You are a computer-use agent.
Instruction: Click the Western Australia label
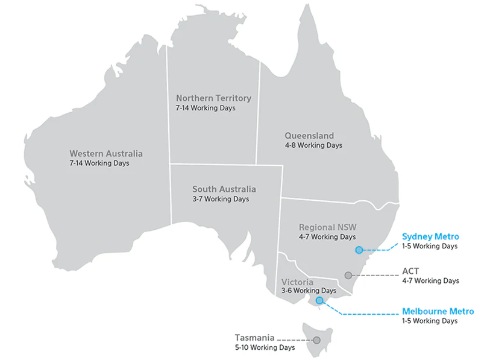pyautogui.click(x=106, y=154)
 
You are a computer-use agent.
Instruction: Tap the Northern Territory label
pyautogui.click(x=213, y=98)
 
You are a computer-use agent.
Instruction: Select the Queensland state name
pyautogui.click(x=309, y=136)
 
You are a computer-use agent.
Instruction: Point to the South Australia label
pyautogui.click(x=224, y=189)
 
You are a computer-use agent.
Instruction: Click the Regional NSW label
pyautogui.click(x=327, y=227)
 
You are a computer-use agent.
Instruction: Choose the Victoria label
pyautogui.click(x=297, y=282)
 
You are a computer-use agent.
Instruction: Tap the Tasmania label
pyautogui.click(x=254, y=338)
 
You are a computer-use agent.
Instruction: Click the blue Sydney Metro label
pyautogui.click(x=430, y=236)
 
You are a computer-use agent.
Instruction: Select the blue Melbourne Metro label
pyautogui.click(x=438, y=312)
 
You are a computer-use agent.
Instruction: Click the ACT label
pyautogui.click(x=410, y=271)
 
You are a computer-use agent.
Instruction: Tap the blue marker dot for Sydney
pyautogui.click(x=359, y=250)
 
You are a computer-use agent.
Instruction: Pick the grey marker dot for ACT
pyautogui.click(x=348, y=276)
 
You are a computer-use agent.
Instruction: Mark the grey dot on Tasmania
pyautogui.click(x=316, y=340)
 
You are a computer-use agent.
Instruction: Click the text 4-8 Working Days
pyautogui.click(x=313, y=145)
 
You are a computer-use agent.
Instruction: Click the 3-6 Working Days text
pyautogui.click(x=309, y=291)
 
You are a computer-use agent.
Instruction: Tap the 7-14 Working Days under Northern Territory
pyautogui.click(x=206, y=108)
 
